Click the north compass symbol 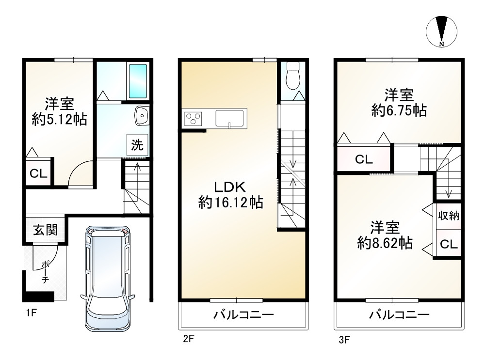coord(441,31)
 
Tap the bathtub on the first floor coord(138,81)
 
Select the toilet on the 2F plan coord(292,76)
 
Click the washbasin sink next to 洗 coord(142,116)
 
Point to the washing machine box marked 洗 coord(137,144)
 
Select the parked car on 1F coord(108,278)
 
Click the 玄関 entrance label coord(46,230)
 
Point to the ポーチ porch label coord(45,272)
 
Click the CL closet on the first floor coord(38,173)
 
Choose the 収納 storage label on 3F coord(449,216)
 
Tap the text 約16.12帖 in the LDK coord(230,203)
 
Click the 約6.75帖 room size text coord(399,110)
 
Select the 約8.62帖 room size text coord(385,243)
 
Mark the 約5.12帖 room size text coord(59,119)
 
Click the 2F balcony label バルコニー coord(244,315)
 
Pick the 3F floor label coord(344,340)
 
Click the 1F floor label coord(31,313)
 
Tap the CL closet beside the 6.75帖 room coord(364,159)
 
